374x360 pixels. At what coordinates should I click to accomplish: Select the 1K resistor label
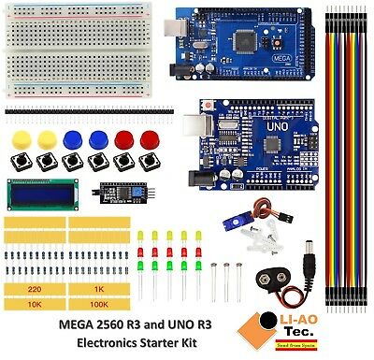coord(98,290)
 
